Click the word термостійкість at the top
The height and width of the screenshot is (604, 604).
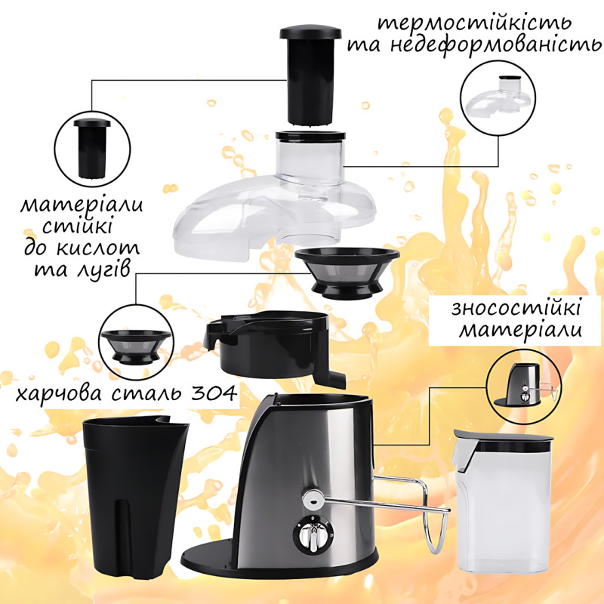click(474, 23)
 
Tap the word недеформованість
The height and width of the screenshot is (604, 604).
click(496, 45)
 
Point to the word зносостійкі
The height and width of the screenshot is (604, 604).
click(516, 309)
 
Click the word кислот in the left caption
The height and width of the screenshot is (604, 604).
click(98, 248)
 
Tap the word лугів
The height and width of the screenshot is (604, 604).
click(103, 270)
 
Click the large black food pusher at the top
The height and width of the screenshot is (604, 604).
click(310, 75)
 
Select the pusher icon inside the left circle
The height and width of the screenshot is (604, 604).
click(92, 148)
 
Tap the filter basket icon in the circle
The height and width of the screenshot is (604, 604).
click(136, 347)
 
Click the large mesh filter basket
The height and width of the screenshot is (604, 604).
click(347, 273)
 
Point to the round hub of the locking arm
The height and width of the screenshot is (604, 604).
click(313, 500)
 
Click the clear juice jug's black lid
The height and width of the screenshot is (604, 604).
click(503, 441)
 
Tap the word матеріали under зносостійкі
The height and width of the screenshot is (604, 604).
click(520, 331)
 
